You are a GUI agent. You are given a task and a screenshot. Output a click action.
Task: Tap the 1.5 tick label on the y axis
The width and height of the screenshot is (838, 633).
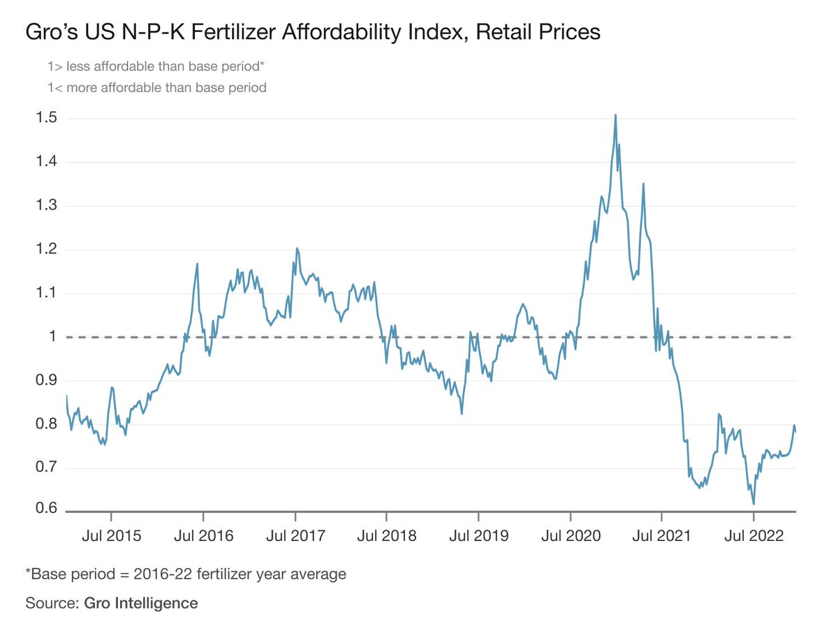pos(46,119)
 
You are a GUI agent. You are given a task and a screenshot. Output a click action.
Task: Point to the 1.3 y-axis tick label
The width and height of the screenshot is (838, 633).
pos(46,206)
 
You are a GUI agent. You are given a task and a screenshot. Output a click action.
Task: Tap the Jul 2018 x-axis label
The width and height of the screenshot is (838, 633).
pos(386,536)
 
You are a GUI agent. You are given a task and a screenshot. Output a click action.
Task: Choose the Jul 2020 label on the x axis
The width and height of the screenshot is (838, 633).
pos(571,536)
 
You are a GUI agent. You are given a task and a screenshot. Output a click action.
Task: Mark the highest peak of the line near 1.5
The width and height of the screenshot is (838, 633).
pos(615,115)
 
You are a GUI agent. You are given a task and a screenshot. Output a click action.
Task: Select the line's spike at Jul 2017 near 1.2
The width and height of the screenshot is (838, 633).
pos(297,248)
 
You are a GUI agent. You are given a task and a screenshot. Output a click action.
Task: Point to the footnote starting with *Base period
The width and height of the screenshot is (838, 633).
pos(186,574)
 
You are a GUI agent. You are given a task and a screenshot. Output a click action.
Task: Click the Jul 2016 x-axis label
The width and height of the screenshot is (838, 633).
pos(203,536)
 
